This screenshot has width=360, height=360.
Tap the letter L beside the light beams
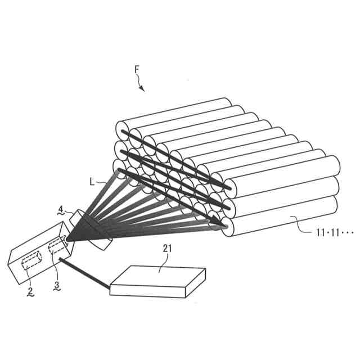[92, 182]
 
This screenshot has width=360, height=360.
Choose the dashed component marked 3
[56, 248]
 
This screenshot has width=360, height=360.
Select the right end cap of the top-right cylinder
[331, 166]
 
